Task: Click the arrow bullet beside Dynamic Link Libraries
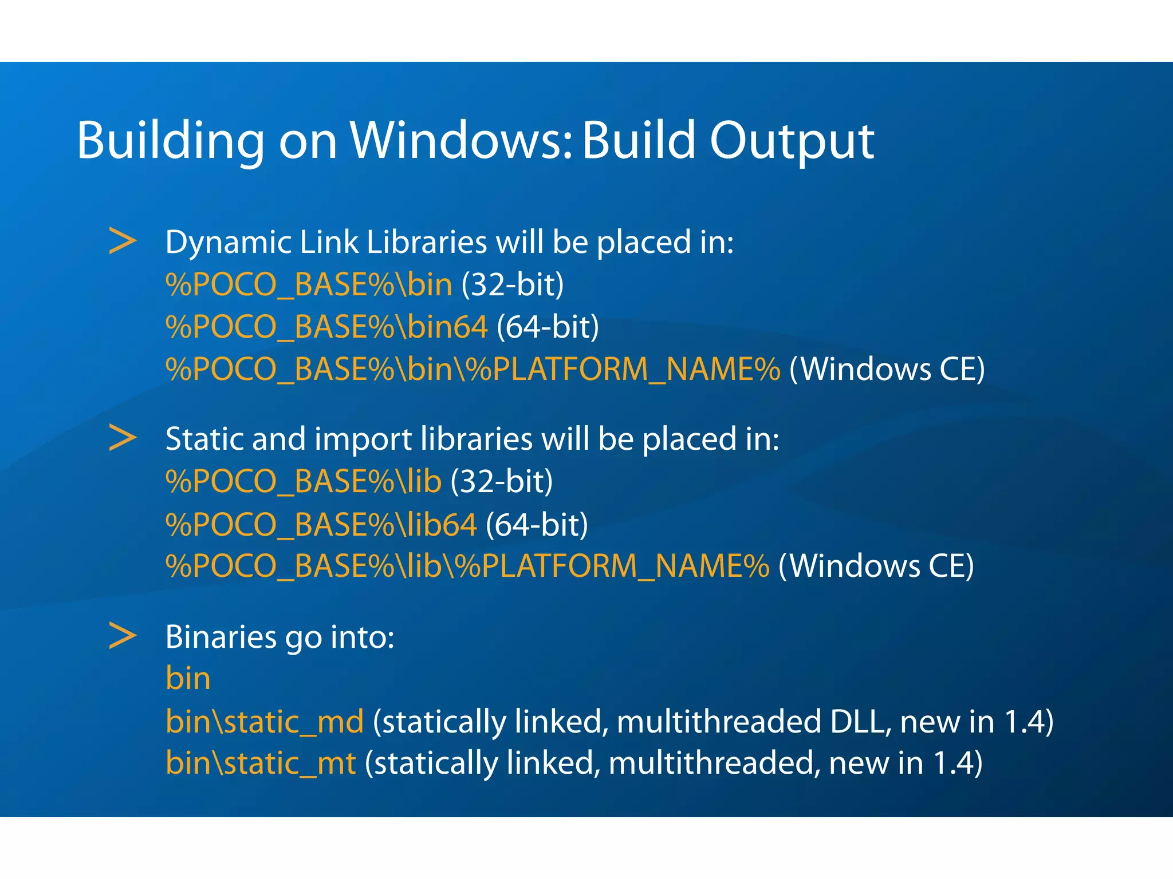click(123, 241)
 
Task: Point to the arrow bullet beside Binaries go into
click(123, 636)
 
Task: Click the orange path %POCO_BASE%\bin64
click(326, 327)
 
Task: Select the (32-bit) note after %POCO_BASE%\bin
click(513, 284)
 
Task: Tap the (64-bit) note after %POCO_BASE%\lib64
click(537, 524)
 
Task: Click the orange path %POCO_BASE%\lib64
click(321, 524)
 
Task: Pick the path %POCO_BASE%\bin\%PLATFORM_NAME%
click(473, 369)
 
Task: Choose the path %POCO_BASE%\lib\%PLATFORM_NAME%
click(467, 566)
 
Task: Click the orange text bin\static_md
click(265, 721)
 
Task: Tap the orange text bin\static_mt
click(261, 763)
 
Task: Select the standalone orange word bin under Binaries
click(188, 679)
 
